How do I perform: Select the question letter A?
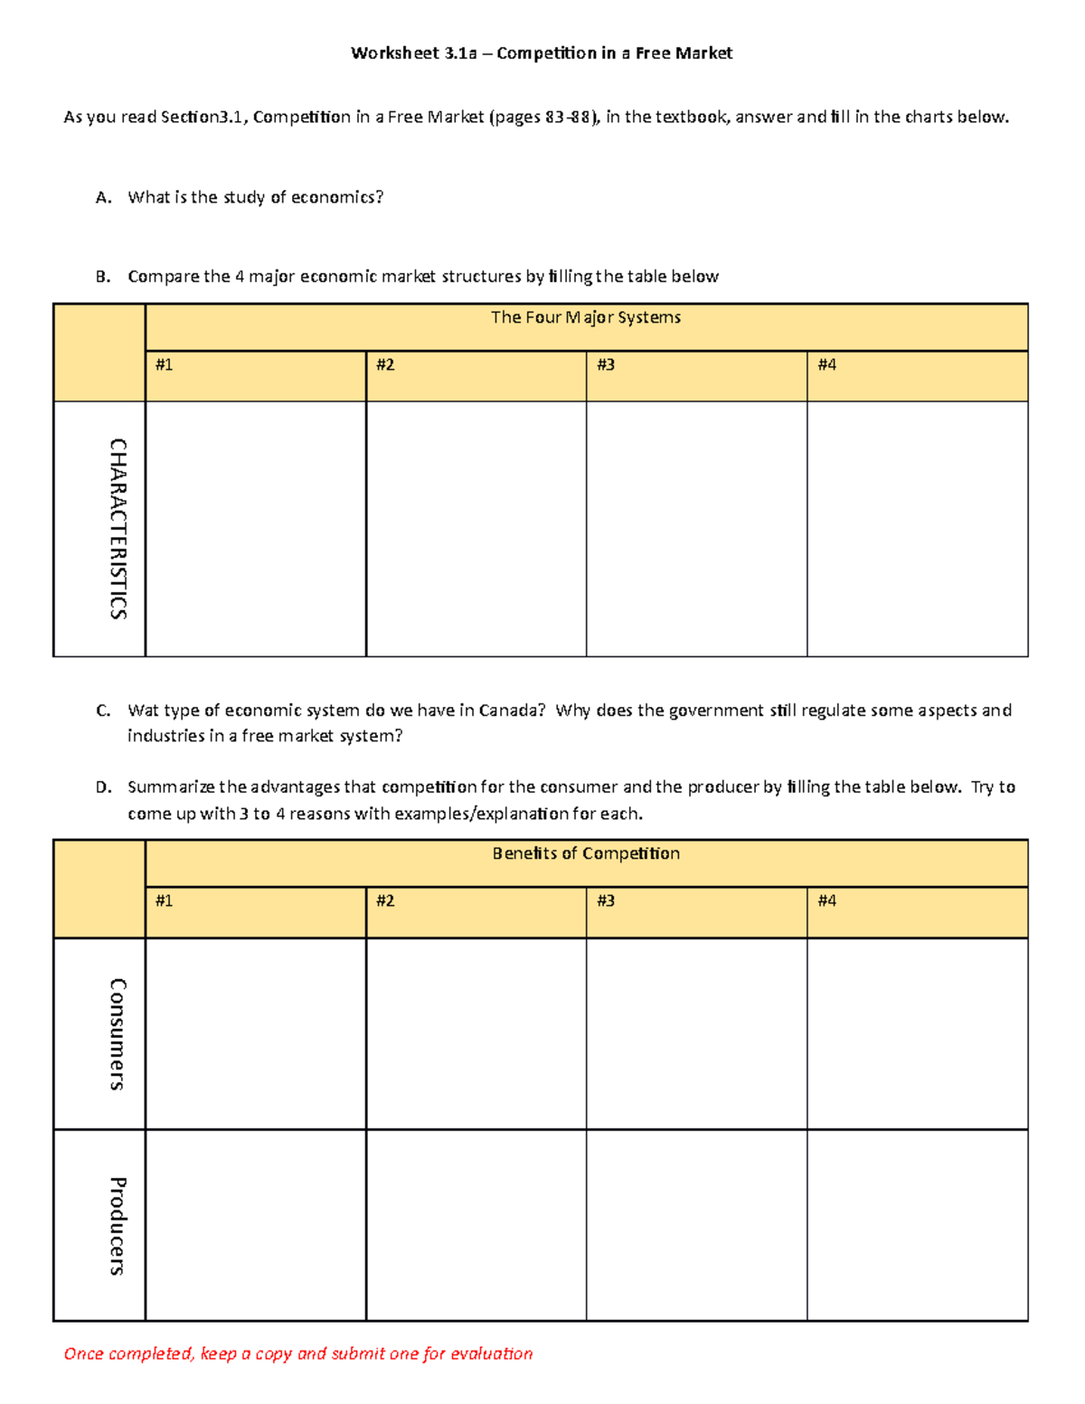[x=102, y=198]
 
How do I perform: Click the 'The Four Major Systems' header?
[x=585, y=317]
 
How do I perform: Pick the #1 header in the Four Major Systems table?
[x=164, y=365]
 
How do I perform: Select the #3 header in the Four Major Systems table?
[x=606, y=365]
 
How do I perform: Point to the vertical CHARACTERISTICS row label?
[x=118, y=529]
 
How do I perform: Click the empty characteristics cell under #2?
[x=476, y=529]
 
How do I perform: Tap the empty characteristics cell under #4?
[x=917, y=529]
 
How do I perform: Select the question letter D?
[x=103, y=787]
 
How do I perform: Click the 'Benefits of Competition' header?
[x=585, y=853]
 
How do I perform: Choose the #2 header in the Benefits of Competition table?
[x=385, y=901]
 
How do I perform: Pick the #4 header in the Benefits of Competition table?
[x=826, y=901]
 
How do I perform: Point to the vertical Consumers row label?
[x=118, y=1033]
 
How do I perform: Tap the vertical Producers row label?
[x=118, y=1225]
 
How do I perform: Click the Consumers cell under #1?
[x=255, y=1033]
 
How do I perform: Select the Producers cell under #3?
[x=696, y=1225]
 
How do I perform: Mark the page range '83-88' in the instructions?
[x=568, y=118]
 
